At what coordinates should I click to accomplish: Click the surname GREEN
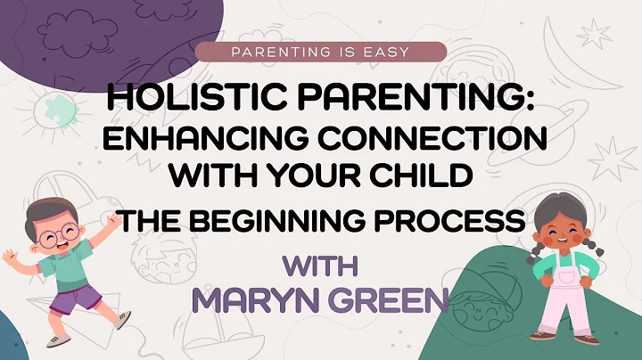click(x=383, y=298)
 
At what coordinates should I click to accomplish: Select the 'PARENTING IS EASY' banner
click(x=320, y=52)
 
